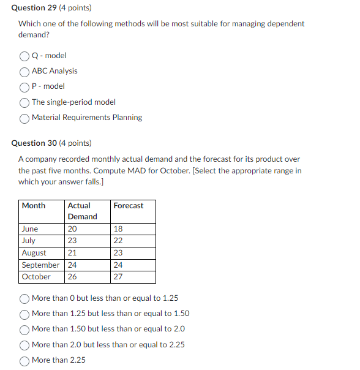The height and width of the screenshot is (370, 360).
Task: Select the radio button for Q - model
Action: point(25,56)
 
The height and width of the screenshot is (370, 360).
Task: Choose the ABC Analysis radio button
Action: point(25,71)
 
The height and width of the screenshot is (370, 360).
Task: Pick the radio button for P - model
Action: point(25,86)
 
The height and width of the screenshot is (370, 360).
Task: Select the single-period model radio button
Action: point(25,102)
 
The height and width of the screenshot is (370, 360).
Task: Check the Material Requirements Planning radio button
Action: point(25,118)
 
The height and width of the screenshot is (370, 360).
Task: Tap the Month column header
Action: point(34,206)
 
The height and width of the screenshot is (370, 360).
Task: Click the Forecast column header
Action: point(129,206)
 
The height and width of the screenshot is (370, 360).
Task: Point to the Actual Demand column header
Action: point(82,211)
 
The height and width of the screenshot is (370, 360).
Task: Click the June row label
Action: point(30,229)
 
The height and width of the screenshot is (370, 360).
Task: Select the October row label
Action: point(36,277)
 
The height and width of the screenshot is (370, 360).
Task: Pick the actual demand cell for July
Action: point(72,241)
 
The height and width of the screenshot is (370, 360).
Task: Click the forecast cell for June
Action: point(118,229)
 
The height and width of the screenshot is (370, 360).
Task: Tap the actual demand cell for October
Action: point(72,277)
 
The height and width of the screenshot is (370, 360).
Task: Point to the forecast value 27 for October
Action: point(118,277)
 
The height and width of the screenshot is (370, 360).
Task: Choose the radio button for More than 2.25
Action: point(25,360)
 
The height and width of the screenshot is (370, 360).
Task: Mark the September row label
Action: point(40,265)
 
